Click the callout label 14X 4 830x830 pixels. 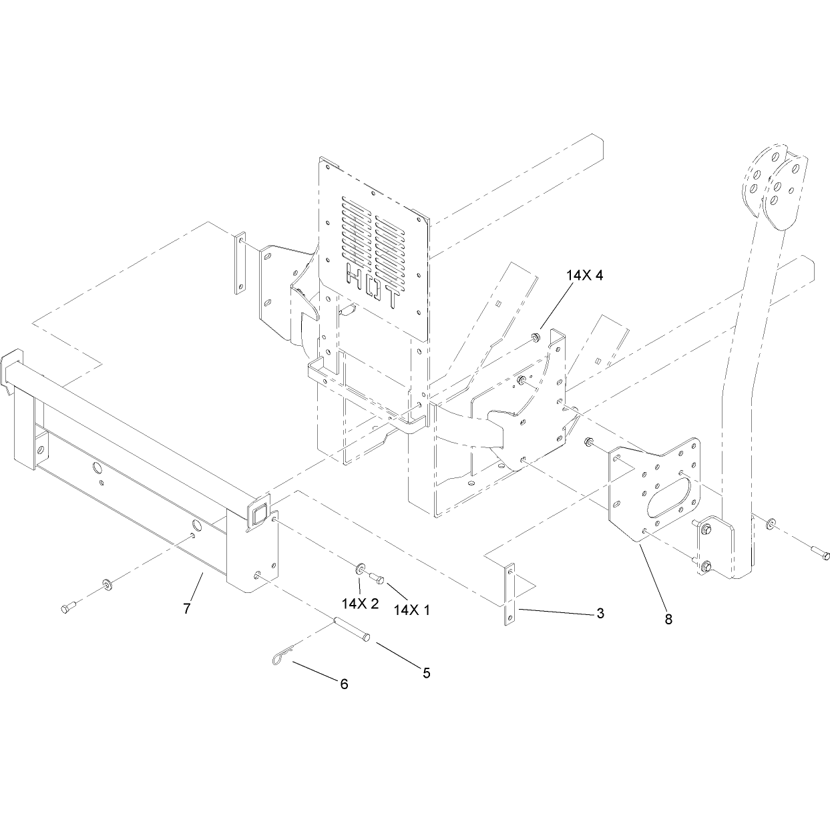coord(584,275)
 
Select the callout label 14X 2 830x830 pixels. coord(360,604)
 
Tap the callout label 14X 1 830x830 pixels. coord(412,610)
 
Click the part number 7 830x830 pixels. coord(187,609)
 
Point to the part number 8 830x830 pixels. coord(668,619)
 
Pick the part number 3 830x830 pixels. coord(600,613)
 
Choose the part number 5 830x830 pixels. coord(427,673)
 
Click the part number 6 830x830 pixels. coord(344,684)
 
